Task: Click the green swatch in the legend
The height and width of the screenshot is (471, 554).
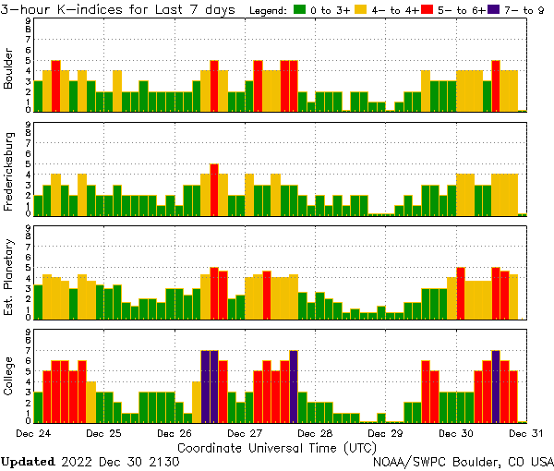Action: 300,10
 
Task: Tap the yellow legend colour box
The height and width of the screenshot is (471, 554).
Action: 361,10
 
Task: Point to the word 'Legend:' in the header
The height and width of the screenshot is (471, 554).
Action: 268,10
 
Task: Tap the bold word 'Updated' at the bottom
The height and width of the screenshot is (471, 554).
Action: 28,461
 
